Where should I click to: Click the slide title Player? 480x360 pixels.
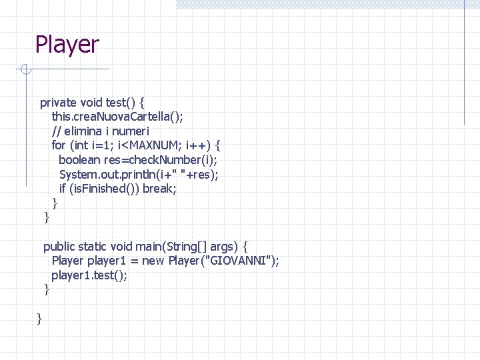(67, 45)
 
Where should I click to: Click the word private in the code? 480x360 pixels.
(59, 103)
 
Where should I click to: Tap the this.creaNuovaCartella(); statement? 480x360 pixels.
(117, 117)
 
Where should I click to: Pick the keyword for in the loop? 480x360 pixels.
(59, 145)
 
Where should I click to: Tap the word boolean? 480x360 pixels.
(79, 160)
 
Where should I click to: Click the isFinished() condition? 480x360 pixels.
(106, 189)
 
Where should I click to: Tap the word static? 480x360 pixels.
(93, 247)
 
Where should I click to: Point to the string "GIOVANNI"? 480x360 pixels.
(241, 261)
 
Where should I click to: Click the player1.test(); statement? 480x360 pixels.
(89, 275)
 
